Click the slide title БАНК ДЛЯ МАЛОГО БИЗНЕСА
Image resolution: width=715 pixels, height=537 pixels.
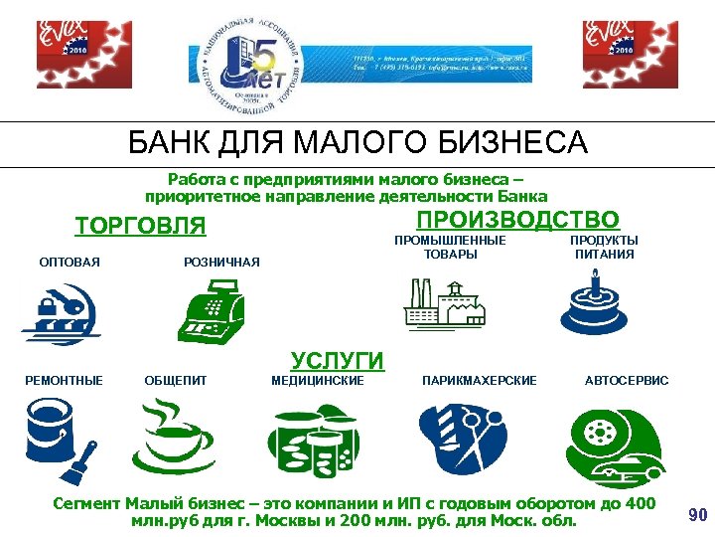pyautogui.click(x=357, y=144)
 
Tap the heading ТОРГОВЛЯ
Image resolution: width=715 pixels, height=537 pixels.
pyautogui.click(x=140, y=227)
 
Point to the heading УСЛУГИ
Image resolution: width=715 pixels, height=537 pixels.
pyautogui.click(x=337, y=359)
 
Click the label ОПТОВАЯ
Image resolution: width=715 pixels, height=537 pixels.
pyautogui.click(x=70, y=263)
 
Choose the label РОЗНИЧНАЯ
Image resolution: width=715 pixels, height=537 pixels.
pyautogui.click(x=221, y=263)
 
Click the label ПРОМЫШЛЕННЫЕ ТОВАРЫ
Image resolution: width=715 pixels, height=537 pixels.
pyautogui.click(x=450, y=248)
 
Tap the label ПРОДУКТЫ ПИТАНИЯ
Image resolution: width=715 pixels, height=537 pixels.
pyautogui.click(x=604, y=248)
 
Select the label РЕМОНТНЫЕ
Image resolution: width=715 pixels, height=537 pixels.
pyautogui.click(x=65, y=381)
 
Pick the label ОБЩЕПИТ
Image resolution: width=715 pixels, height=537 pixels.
pyautogui.click(x=176, y=381)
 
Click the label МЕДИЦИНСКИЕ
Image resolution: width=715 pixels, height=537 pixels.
pyautogui.click(x=317, y=381)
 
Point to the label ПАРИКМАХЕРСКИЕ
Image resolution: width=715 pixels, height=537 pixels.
pyautogui.click(x=479, y=381)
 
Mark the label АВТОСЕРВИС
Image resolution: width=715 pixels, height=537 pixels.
pyautogui.click(x=627, y=381)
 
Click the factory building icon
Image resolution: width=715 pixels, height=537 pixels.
pyautogui.click(x=448, y=304)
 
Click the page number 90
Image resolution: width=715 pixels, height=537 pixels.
pyautogui.click(x=697, y=515)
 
